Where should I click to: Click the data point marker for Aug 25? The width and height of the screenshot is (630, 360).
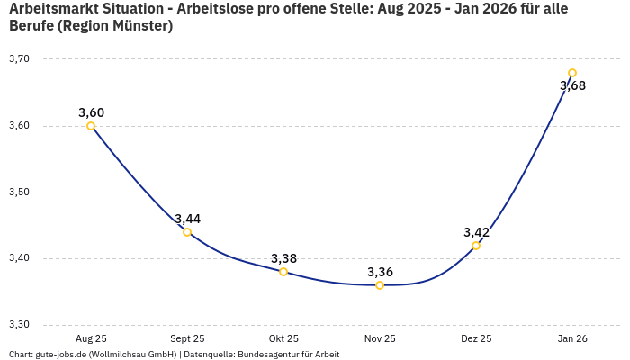coord(91,126)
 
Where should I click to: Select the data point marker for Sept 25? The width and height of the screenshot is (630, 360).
coord(187,232)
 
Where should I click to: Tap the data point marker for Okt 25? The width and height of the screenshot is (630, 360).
coord(283,272)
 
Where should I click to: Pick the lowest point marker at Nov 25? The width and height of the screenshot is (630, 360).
coord(380,285)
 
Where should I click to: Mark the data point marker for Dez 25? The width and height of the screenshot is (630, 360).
coord(476,246)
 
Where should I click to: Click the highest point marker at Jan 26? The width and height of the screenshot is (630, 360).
coord(572,73)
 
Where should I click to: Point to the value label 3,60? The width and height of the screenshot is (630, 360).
coord(91,112)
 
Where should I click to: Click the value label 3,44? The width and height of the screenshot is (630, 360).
coord(187,219)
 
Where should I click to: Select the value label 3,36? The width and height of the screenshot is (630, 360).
coord(380,272)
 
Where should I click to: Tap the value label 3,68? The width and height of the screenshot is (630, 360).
coord(572,85)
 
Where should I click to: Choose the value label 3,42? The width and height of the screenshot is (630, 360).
coord(476,232)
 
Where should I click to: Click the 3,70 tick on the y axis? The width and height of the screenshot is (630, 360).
coord(19,59)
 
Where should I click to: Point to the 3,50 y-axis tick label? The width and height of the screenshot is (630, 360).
coord(19,193)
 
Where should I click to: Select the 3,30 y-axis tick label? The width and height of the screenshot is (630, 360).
coord(19,325)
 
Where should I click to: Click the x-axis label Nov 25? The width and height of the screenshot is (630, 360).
coord(380,338)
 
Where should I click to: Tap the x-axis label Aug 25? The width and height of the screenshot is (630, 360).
coord(91,338)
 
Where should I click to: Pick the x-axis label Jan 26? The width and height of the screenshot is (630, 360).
coord(572,338)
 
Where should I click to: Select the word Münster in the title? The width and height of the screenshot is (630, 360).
coord(139,26)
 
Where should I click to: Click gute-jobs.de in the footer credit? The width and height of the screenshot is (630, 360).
coord(58,355)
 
